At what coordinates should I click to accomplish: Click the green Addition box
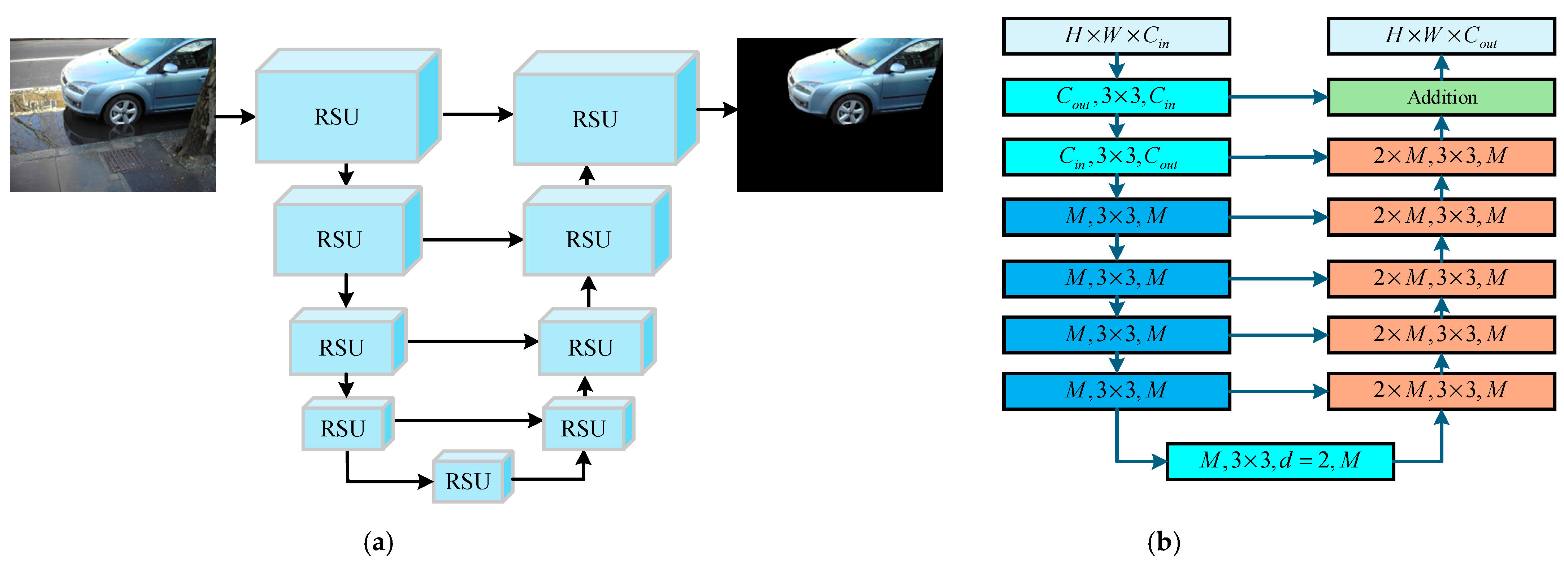coord(1441,97)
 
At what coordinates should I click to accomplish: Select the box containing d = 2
coord(1280,461)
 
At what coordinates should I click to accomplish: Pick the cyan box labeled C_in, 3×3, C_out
coord(1116,157)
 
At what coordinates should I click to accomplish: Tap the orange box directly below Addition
coord(1441,157)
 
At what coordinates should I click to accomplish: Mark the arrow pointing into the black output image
coord(716,110)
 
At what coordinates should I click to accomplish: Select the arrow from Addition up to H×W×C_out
coord(1441,67)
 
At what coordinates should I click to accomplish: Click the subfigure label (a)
coord(378,542)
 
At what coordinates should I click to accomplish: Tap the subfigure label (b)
coord(1163,542)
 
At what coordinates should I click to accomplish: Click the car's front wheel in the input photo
coord(123,111)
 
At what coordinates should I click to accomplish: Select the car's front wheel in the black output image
coord(850,111)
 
